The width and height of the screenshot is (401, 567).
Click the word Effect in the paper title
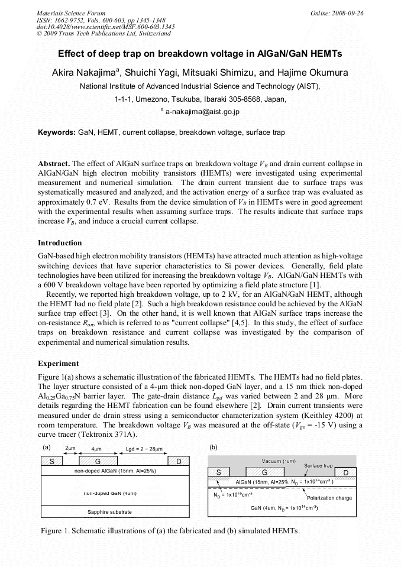72,53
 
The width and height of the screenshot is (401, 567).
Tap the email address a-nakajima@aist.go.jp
202,111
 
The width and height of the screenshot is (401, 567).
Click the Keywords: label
57,132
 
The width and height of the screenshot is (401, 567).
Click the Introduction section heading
60,243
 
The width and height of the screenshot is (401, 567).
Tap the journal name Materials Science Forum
71,12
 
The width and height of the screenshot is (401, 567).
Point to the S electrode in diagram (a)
52,461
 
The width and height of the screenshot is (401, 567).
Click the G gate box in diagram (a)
97,461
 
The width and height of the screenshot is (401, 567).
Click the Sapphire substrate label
109,511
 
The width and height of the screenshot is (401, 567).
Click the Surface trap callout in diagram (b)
318,466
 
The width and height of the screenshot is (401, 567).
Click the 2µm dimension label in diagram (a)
70,449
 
